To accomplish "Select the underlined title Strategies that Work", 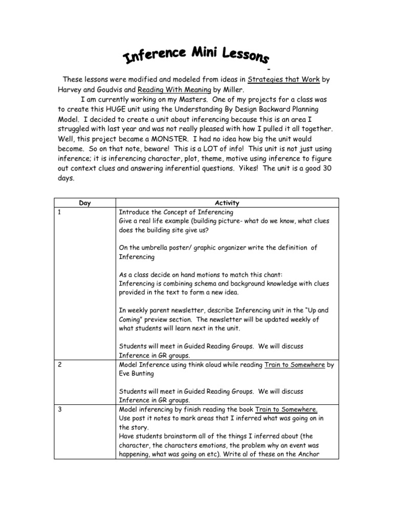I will (x=283, y=79).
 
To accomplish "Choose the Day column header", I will (x=85, y=203).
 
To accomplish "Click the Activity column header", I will (x=228, y=203).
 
